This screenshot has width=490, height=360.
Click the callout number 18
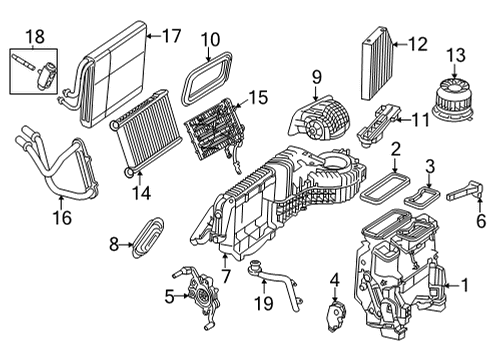point(35,37)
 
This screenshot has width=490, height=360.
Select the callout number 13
point(456,55)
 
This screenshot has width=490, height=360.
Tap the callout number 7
point(226,276)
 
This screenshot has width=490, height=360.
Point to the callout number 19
point(264,303)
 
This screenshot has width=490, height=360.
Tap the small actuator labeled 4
point(337,315)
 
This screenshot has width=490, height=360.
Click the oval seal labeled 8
point(148,237)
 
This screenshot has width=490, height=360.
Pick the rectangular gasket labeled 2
point(385,187)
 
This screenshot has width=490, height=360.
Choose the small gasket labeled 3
point(422,197)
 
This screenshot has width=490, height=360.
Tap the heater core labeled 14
point(145,133)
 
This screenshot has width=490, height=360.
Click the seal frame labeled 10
point(207,79)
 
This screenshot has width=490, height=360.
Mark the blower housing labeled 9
point(320,118)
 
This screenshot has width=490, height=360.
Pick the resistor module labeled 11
point(378,125)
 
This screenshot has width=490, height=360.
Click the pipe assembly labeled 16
point(57,163)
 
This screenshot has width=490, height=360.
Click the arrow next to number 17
point(153,36)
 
